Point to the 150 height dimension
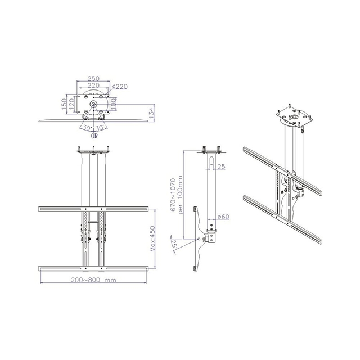65,105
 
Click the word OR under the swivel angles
93,136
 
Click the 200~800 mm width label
94,280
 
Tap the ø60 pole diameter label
223,217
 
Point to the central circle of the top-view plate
93,105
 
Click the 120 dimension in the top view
71,105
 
